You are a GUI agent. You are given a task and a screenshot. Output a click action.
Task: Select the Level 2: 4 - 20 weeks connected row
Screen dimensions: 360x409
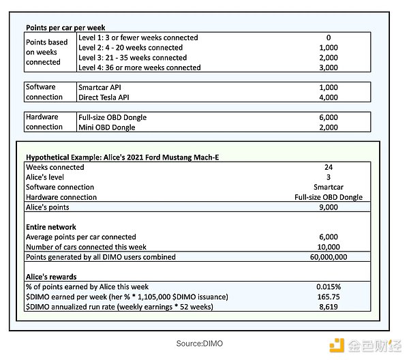click(x=130, y=48)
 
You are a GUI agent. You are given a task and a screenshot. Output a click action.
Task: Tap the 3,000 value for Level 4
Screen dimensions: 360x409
click(x=329, y=67)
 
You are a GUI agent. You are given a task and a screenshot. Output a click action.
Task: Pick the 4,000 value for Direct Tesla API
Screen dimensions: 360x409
click(x=329, y=97)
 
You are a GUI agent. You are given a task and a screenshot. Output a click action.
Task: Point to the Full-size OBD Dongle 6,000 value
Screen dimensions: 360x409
click(x=329, y=117)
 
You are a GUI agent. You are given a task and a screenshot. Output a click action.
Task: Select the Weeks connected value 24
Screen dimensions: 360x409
click(x=329, y=167)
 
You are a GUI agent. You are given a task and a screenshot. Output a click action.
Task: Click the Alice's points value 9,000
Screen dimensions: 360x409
click(x=329, y=207)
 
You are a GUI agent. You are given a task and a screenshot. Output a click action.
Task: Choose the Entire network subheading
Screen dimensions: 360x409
click(x=51, y=227)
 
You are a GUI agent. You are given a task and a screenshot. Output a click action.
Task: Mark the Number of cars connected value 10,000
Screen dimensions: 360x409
click(x=329, y=247)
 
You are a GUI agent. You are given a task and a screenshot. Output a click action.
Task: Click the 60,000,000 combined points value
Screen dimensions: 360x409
click(x=329, y=257)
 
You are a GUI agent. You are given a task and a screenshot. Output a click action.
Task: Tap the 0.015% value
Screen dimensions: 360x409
click(x=329, y=287)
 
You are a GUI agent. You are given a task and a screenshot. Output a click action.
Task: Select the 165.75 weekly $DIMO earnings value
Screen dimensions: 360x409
click(x=329, y=297)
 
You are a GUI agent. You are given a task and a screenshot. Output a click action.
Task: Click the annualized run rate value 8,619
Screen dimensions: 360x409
click(x=329, y=307)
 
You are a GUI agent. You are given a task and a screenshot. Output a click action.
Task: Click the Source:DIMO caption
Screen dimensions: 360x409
click(x=199, y=344)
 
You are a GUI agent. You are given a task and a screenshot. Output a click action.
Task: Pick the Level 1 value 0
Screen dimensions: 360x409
click(x=329, y=37)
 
